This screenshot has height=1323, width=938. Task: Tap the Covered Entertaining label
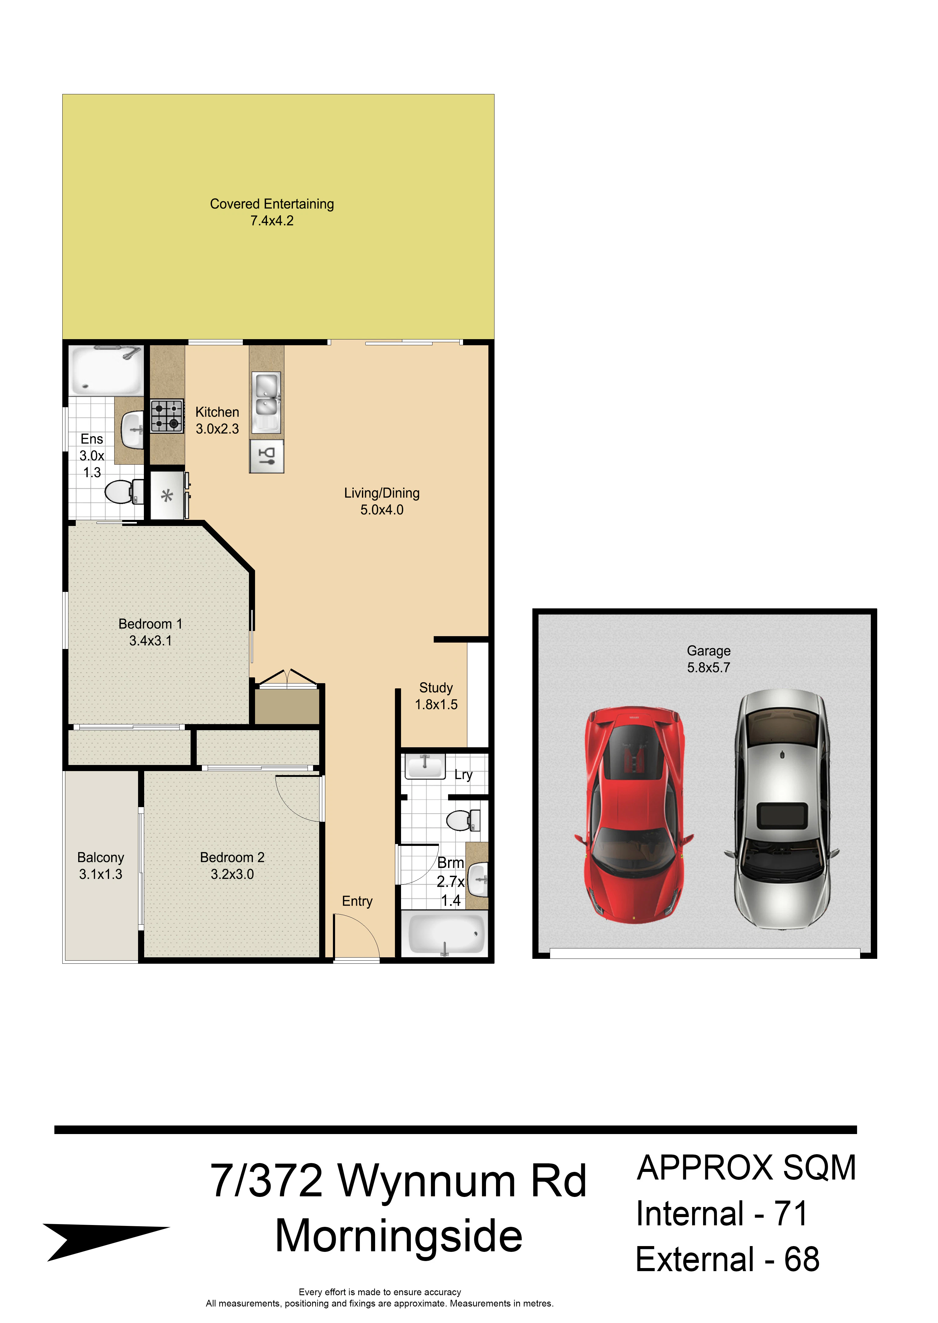click(x=272, y=204)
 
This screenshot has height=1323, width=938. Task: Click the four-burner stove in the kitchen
click(x=167, y=415)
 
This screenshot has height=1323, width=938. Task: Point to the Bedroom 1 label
click(x=150, y=624)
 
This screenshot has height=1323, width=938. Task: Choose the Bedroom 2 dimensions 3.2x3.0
click(x=232, y=874)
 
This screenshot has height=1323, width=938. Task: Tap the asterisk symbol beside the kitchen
click(x=167, y=495)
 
